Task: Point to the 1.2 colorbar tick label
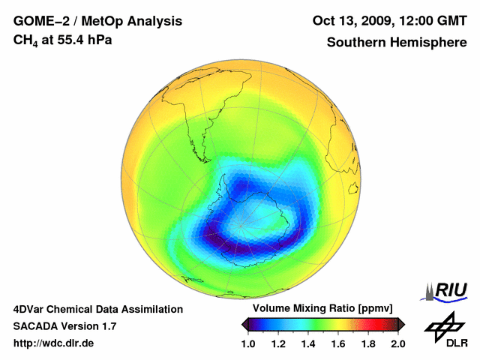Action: tap(278, 343)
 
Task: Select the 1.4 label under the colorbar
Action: tap(308, 343)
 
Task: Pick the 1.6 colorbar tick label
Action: tap(338, 343)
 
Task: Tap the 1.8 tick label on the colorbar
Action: tap(367, 343)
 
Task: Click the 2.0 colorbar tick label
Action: tap(397, 343)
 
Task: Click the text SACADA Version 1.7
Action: tap(64, 326)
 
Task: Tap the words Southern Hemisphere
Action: tap(397, 43)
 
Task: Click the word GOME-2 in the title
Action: tap(38, 20)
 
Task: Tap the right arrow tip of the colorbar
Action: tap(403, 324)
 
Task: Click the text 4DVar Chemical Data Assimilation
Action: tap(98, 309)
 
